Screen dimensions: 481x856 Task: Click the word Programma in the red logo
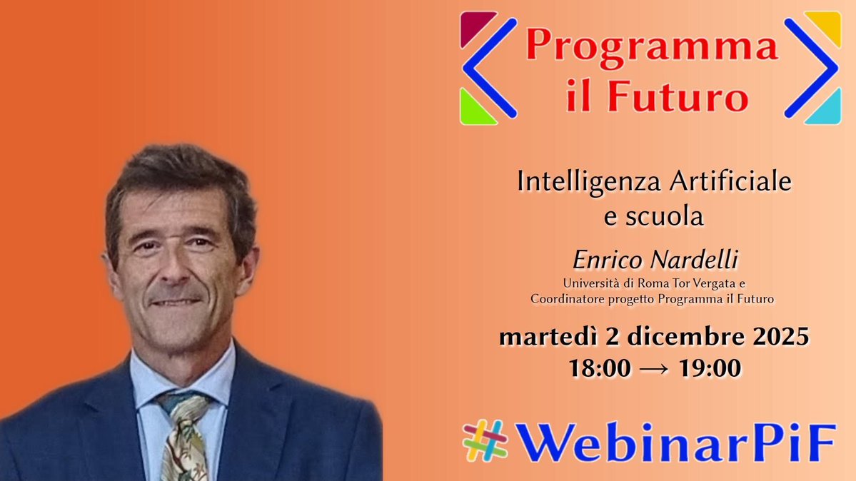[x=651, y=47]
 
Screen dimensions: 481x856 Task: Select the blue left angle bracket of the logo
[x=487, y=68]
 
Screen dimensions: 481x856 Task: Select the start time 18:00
[x=600, y=368]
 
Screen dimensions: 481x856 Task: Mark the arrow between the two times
[x=654, y=369]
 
